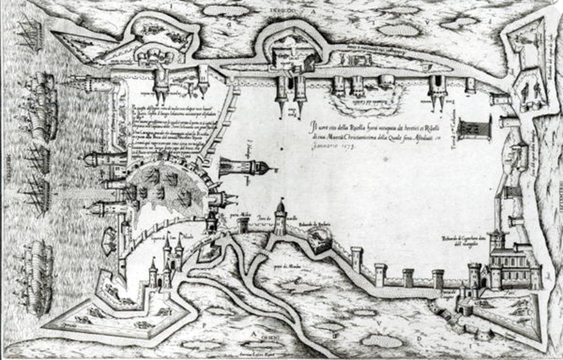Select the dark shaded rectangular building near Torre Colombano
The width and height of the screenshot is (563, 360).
[473, 129]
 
